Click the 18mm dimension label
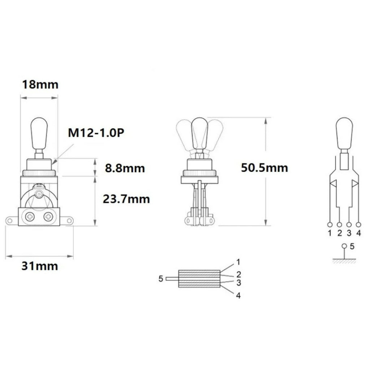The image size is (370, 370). pos(40,85)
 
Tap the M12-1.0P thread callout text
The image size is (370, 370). pos(96,133)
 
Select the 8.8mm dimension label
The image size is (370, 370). pos(124,168)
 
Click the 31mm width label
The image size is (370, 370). pos(39,266)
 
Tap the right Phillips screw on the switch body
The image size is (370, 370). pos(48,217)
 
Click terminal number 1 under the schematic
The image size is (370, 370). pos(330,233)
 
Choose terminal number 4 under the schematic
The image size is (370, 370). pos(358,233)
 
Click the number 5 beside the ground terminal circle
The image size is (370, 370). pos(353,247)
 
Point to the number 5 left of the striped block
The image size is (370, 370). pos(160,279)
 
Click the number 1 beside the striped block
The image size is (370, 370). pos(238,261)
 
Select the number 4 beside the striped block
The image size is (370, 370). pos(238,296)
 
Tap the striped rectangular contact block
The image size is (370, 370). pos(199,279)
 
